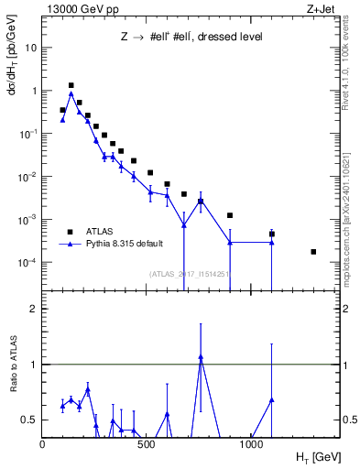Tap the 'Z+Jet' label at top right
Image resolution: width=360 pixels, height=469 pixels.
(322, 8)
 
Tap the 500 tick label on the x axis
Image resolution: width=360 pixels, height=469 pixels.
(147, 444)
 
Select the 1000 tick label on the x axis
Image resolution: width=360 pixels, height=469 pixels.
(253, 444)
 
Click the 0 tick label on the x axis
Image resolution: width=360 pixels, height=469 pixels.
(43, 444)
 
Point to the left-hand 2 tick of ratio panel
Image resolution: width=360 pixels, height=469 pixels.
(34, 309)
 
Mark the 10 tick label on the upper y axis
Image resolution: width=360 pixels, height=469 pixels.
(30, 48)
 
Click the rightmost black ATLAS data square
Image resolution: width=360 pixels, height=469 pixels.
(313, 252)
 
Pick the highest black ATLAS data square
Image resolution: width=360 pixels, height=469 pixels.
(71, 85)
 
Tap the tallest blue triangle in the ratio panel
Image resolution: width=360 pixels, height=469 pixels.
(201, 357)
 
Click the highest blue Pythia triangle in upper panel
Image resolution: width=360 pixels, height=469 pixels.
(71, 93)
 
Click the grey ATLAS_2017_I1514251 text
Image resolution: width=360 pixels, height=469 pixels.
(190, 273)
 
